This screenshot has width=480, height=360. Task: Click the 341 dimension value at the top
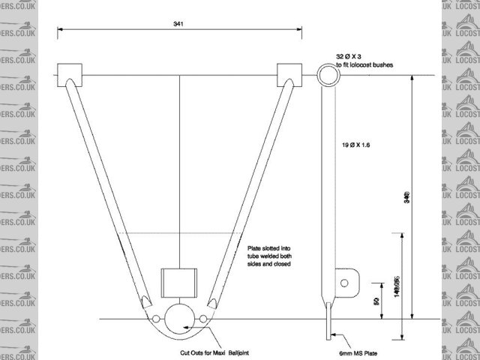click(x=178, y=24)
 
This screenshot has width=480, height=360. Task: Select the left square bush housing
click(x=69, y=75)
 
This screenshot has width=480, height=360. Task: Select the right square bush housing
click(x=289, y=75)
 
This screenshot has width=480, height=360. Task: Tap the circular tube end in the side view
click(x=328, y=74)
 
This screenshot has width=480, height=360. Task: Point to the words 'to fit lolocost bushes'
click(x=374, y=66)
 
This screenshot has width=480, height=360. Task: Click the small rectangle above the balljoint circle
click(x=179, y=282)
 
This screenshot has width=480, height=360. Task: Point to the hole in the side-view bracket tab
click(x=345, y=283)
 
